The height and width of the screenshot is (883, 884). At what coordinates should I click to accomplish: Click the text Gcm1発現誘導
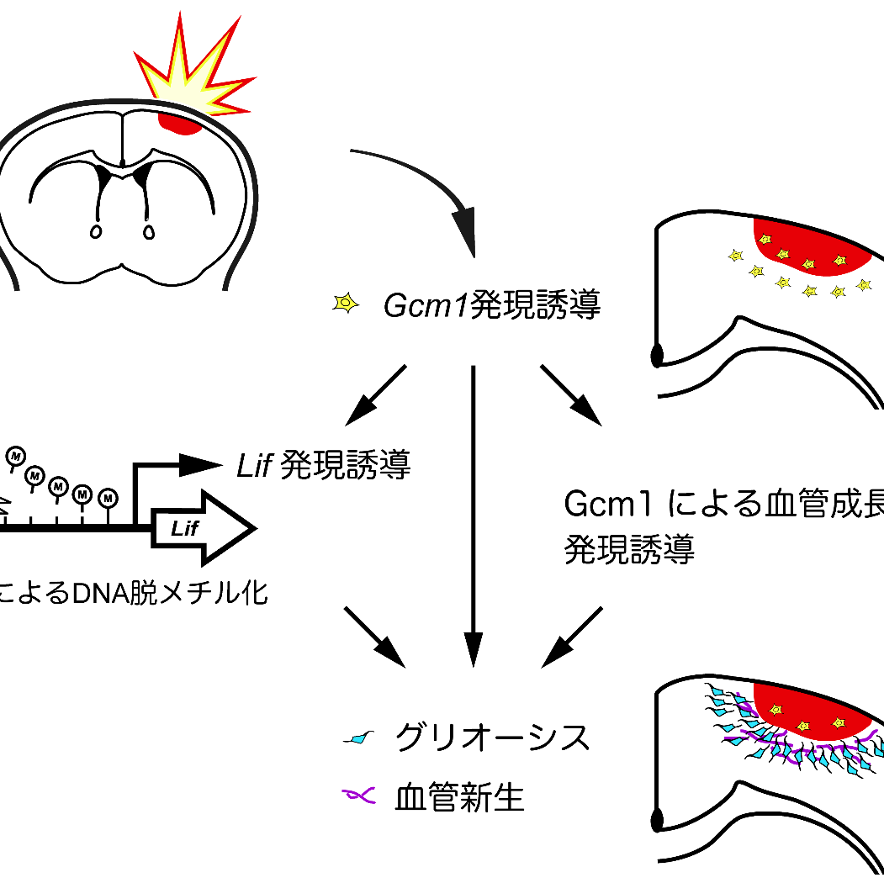(492, 305)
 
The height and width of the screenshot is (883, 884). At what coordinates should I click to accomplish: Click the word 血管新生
(459, 797)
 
